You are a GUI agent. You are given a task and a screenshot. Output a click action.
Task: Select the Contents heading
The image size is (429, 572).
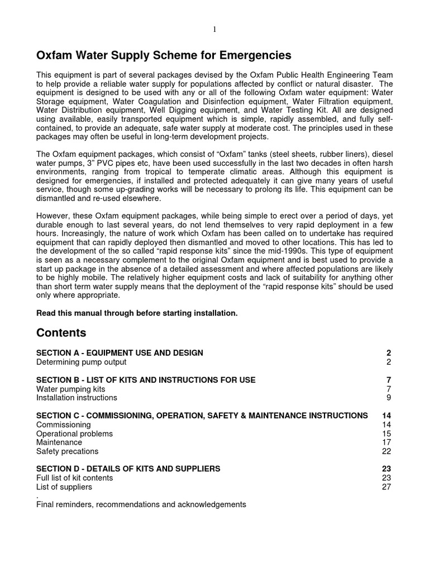tap(61, 333)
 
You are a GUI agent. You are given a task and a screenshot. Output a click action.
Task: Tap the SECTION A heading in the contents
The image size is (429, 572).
tap(120, 353)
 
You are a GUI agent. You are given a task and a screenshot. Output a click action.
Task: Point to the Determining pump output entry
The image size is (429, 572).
tap(82, 362)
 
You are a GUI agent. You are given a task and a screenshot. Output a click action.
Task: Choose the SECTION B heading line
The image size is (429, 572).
tap(146, 380)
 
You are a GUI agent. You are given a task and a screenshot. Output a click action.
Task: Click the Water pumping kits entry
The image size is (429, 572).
tap(70, 389)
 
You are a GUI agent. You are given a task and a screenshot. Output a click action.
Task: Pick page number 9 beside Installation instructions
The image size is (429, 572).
tap(389, 398)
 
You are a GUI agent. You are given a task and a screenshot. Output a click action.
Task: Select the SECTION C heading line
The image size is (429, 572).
tap(202, 416)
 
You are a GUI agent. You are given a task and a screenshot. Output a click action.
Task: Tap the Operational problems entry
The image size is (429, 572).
tap(74, 433)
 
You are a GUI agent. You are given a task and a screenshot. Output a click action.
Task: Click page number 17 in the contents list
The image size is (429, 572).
tap(387, 442)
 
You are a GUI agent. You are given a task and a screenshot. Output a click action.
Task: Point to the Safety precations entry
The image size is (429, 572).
tap(67, 451)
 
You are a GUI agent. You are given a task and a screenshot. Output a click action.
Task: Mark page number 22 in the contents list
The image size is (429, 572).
tap(387, 451)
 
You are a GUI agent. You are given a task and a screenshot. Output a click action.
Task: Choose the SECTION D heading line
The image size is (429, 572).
tap(128, 469)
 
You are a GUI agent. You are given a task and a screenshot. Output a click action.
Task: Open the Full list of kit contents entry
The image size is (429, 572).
tap(74, 478)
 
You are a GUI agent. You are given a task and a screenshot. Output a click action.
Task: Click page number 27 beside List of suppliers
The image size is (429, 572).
tap(387, 487)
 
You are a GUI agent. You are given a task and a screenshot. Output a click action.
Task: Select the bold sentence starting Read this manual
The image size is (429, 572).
tap(137, 313)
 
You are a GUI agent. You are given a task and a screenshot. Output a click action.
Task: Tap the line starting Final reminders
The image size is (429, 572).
tap(141, 504)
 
